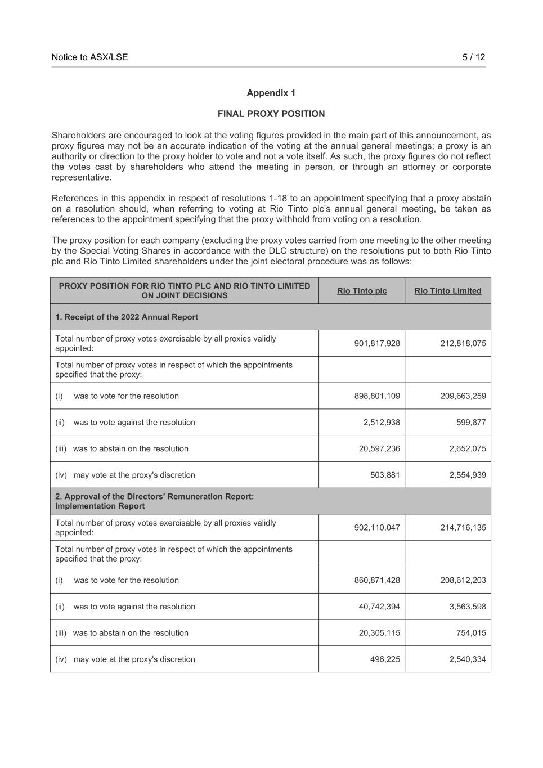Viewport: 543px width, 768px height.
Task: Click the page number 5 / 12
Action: click(473, 57)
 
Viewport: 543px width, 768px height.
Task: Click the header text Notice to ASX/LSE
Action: click(89, 57)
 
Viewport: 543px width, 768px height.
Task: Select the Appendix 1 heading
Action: click(271, 93)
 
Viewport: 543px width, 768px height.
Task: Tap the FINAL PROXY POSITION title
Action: click(271, 114)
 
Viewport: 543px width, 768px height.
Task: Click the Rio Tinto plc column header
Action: click(362, 291)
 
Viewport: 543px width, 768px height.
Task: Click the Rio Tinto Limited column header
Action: click(447, 291)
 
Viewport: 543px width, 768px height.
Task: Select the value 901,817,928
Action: click(377, 343)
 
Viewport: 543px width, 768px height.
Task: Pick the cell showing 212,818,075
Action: click(463, 343)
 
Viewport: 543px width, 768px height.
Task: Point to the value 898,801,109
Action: click(377, 396)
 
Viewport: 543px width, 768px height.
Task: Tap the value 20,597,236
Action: click(379, 449)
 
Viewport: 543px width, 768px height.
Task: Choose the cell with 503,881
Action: click(385, 475)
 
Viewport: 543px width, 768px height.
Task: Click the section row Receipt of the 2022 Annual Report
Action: click(127, 317)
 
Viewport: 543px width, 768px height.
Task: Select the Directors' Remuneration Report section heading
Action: click(154, 501)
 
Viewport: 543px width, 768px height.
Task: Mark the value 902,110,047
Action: click(377, 528)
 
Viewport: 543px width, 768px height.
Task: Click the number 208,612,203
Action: click(463, 580)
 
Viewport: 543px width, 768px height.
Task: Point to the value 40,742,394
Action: click(379, 607)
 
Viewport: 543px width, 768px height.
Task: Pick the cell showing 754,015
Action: click(470, 633)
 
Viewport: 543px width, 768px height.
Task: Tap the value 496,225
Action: click(385, 659)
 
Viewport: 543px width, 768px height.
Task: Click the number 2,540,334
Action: click(467, 659)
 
